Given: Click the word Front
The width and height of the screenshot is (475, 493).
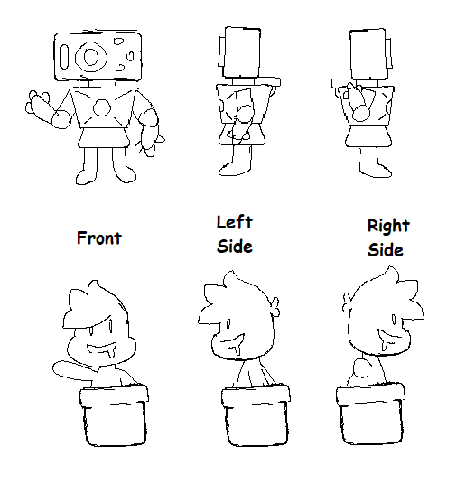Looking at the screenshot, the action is pyautogui.click(x=99, y=238).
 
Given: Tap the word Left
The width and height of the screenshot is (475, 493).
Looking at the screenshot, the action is pyautogui.click(x=235, y=222).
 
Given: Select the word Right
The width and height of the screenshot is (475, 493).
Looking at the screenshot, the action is pyautogui.click(x=388, y=227).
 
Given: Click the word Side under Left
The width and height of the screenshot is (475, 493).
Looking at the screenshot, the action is pyautogui.click(x=235, y=246).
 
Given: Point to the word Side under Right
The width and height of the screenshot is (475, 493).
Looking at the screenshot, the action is pyautogui.click(x=386, y=250).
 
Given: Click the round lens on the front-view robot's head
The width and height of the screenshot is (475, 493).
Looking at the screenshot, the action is pyautogui.click(x=91, y=57).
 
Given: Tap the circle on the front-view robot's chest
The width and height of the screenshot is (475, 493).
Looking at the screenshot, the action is pyautogui.click(x=102, y=107).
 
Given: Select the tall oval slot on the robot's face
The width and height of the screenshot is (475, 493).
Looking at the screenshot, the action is pyautogui.click(x=64, y=57).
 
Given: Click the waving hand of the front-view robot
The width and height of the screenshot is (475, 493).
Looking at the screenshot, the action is pyautogui.click(x=38, y=103).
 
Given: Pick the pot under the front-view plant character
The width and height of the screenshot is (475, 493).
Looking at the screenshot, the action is pyautogui.click(x=114, y=415).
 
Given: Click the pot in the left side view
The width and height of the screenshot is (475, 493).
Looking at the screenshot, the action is pyautogui.click(x=256, y=415).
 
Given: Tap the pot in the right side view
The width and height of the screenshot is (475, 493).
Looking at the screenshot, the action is pyautogui.click(x=371, y=414).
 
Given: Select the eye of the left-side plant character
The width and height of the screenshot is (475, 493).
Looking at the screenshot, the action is pyautogui.click(x=228, y=324).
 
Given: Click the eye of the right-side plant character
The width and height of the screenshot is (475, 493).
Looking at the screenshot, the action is pyautogui.click(x=394, y=320).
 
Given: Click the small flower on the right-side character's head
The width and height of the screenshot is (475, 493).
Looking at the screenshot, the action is pyautogui.click(x=348, y=302).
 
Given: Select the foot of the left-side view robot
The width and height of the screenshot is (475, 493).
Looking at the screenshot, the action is pyautogui.click(x=231, y=169).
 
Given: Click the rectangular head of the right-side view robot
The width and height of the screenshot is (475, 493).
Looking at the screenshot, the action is pyautogui.click(x=368, y=53).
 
